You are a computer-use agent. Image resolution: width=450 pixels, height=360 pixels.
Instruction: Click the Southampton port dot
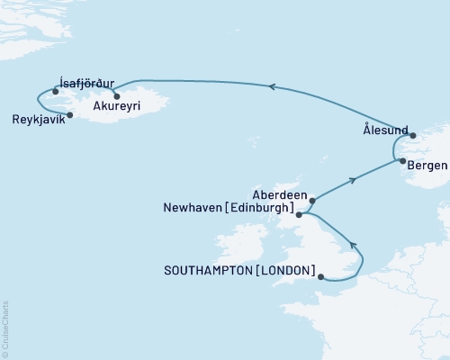pyautogui.click(x=321, y=278)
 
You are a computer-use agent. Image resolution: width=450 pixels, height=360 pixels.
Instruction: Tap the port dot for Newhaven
pyautogui.click(x=299, y=215)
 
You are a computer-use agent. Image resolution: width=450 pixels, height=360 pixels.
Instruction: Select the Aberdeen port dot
pyautogui.click(x=312, y=201)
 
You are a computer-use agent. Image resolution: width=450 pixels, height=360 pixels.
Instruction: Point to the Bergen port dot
pyautogui.click(x=400, y=161)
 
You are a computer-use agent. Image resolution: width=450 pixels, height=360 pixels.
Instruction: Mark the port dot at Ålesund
pyautogui.click(x=413, y=137)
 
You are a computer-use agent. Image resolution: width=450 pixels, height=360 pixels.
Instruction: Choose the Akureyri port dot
pyautogui.click(x=116, y=95)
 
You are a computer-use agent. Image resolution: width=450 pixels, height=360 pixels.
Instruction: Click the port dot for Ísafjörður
pyautogui.click(x=56, y=91)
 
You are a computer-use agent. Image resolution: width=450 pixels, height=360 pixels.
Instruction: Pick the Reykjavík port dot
pyautogui.click(x=69, y=114)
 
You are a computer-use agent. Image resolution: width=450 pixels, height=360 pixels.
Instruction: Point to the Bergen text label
pyautogui.click(x=427, y=166)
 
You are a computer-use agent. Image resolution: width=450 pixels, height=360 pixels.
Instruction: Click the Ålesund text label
pyautogui.click(x=384, y=129)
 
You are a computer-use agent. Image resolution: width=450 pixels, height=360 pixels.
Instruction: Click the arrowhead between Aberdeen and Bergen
pyautogui.click(x=355, y=180)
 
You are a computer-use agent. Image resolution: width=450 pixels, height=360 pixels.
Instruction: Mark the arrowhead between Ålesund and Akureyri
pyautogui.click(x=271, y=86)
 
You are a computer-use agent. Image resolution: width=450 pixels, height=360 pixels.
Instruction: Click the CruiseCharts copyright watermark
pyautogui.click(x=6, y=328)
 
